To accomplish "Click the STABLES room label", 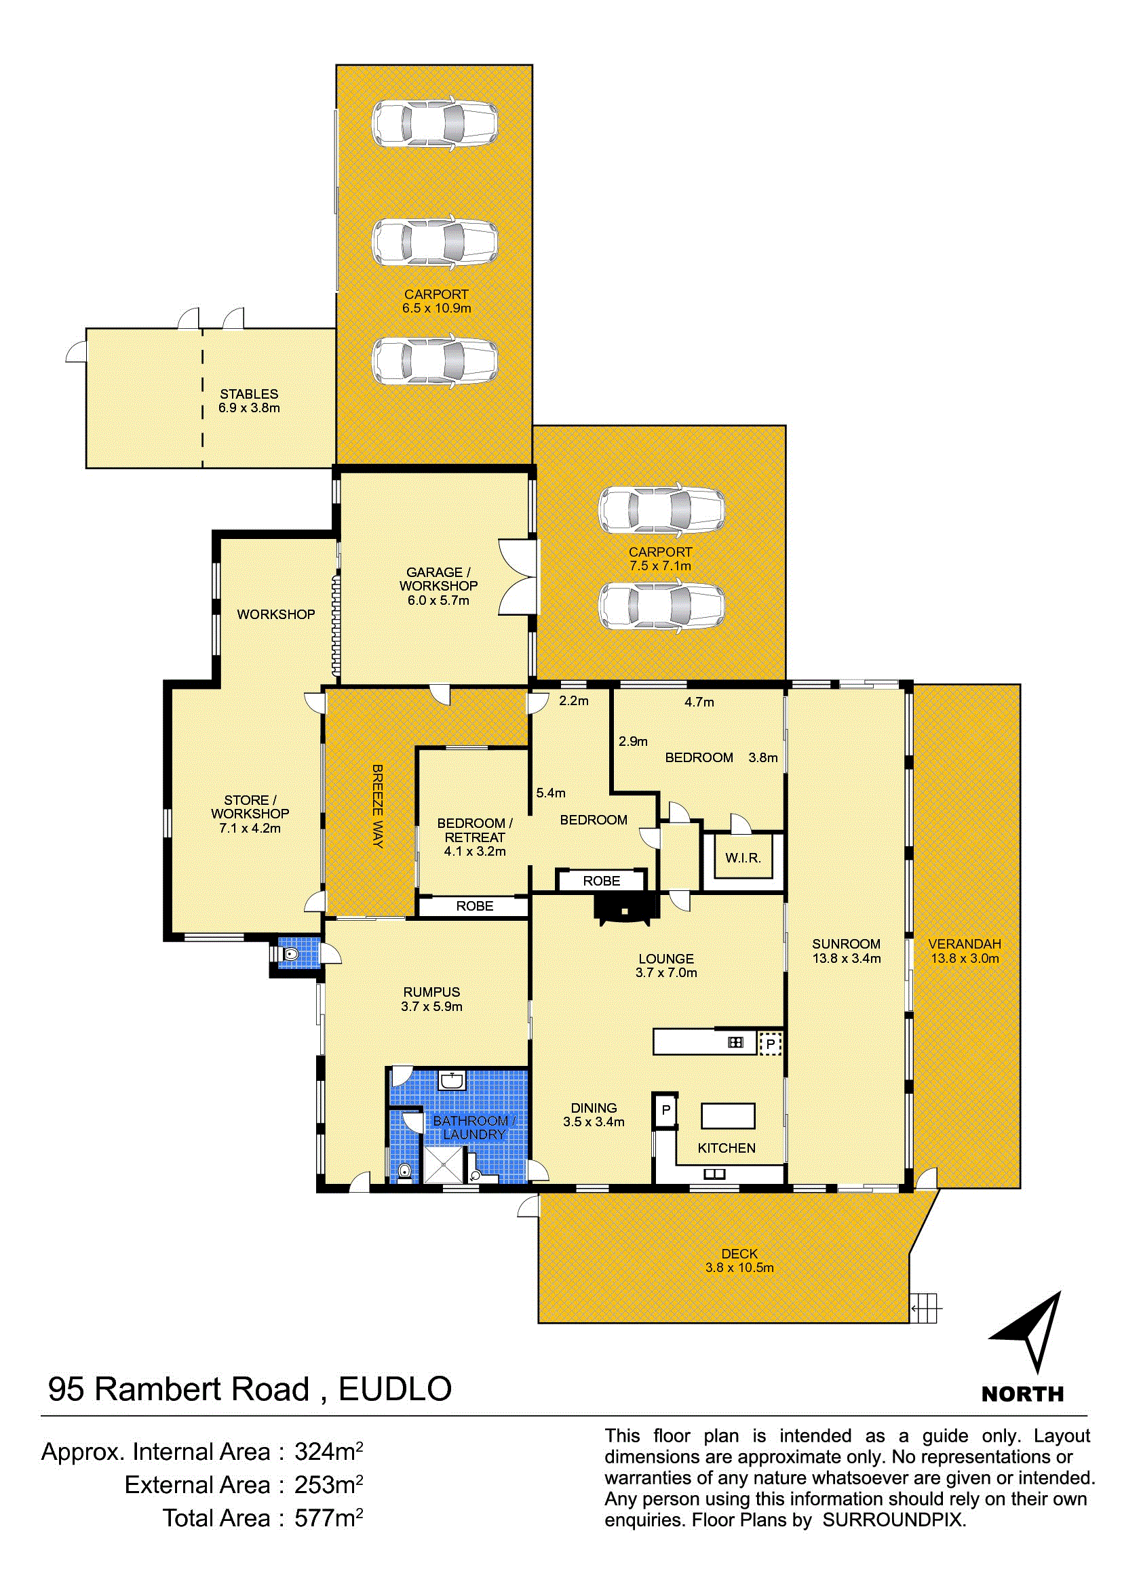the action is tap(249, 394).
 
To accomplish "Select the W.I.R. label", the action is tap(743, 858).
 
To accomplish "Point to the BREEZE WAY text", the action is tap(377, 806).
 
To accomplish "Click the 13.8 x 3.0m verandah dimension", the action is tap(965, 958).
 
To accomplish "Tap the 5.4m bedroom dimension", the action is tap(551, 793).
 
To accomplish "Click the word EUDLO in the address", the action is tap(395, 1389).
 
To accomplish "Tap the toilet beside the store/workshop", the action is tap(291, 954).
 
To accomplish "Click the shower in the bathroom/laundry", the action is tap(444, 1165).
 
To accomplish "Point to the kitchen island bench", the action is tap(728, 1115).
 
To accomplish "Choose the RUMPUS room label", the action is tap(432, 992).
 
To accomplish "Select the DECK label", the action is tap(739, 1254).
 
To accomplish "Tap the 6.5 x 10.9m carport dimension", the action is tap(437, 308).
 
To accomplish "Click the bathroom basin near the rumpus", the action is tap(452, 1080).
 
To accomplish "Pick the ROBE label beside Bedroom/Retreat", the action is tap(475, 907).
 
